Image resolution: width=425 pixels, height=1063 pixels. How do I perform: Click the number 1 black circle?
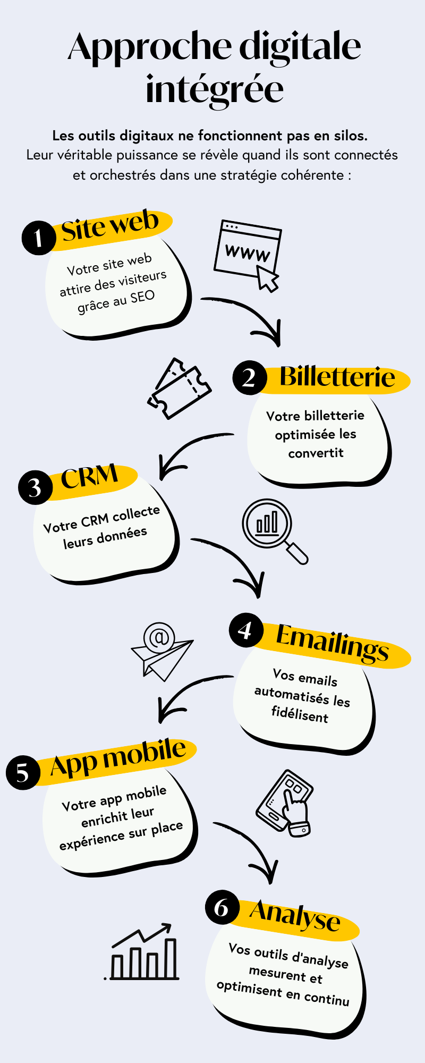click(x=38, y=238)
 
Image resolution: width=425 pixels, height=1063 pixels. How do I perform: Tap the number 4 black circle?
click(x=246, y=630)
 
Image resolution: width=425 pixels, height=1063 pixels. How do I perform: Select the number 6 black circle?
click(x=222, y=907)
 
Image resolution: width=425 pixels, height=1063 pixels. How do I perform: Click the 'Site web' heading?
click(x=110, y=226)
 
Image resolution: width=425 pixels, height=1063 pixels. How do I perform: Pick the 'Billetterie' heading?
click(x=337, y=377)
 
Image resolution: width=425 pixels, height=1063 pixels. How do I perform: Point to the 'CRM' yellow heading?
click(x=89, y=477)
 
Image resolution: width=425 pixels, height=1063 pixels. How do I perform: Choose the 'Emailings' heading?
click(x=332, y=643)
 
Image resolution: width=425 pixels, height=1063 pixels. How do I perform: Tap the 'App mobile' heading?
click(x=118, y=757)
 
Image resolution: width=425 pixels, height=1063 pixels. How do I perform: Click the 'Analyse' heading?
click(x=295, y=915)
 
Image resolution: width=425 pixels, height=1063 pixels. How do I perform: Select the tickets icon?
click(x=179, y=389)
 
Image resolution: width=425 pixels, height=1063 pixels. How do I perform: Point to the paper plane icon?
click(x=161, y=652)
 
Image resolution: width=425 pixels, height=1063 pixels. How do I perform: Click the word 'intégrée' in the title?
click(x=215, y=89)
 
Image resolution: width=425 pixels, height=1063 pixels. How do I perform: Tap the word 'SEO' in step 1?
click(x=142, y=297)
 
